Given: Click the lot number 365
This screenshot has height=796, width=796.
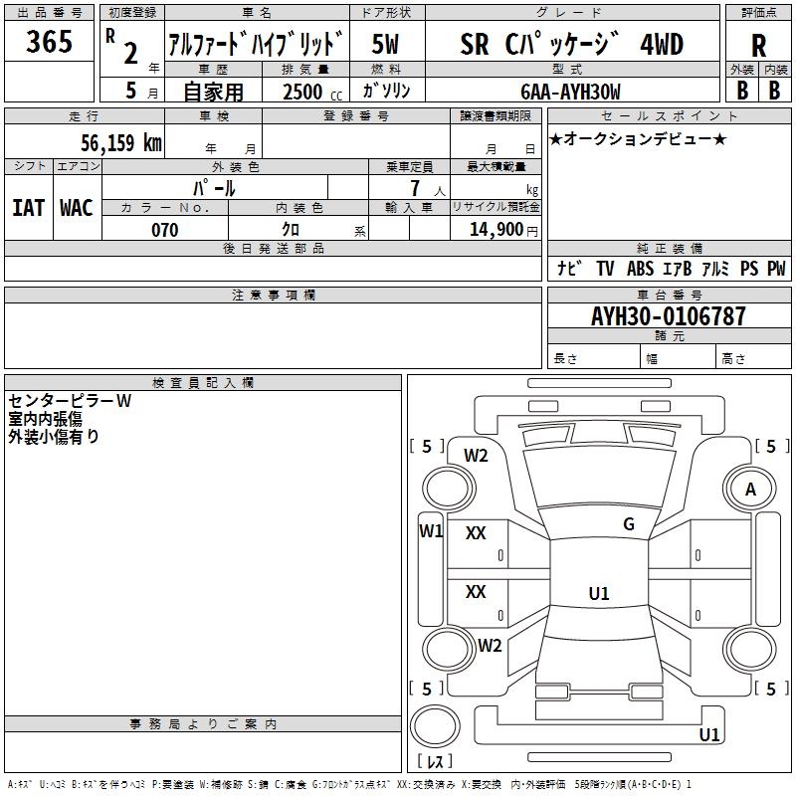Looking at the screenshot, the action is coord(50,42).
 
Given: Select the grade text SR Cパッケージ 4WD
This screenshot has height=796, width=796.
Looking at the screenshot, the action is coord(572,45).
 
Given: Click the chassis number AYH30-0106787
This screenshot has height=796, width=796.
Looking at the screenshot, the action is coord(668,317).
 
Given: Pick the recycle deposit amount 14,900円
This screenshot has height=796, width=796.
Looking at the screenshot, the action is coord(501,230).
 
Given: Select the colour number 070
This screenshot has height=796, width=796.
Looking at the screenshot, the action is coord(164,230).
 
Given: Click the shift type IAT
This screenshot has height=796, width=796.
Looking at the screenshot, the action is coord(28,207).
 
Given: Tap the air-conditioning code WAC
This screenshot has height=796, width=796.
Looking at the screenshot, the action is coord(76,207).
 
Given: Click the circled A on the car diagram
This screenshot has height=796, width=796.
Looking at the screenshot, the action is coord(750,489).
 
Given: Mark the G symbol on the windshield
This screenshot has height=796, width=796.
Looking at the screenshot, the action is coord(628,524).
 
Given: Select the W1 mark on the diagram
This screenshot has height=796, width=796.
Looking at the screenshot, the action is coord(431,530).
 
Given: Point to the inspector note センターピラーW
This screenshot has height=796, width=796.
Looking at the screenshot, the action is coord(70,401).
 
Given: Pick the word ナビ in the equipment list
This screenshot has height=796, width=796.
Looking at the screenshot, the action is coord(569,269).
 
